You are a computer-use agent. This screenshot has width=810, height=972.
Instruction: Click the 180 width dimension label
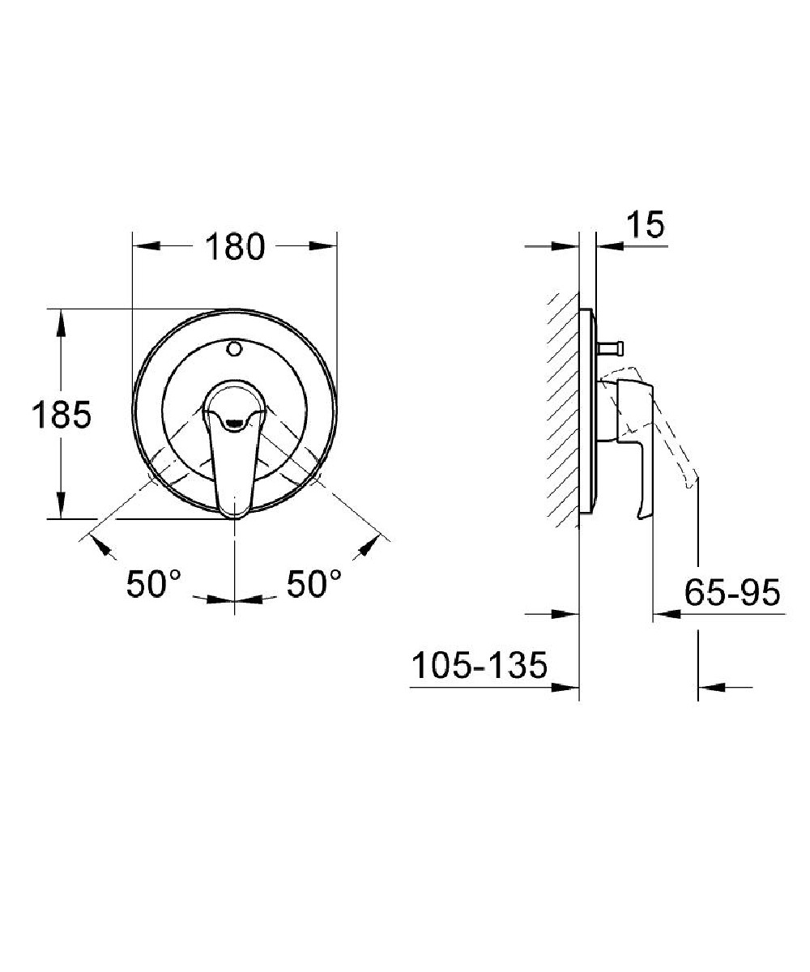click(x=235, y=247)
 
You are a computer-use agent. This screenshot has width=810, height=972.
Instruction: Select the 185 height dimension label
click(x=62, y=414)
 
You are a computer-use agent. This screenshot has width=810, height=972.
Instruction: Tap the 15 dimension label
click(x=646, y=225)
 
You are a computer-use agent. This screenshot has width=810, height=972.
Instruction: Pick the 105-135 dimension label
click(x=480, y=666)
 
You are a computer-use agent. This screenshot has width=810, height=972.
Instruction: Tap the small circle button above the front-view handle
click(x=234, y=347)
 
